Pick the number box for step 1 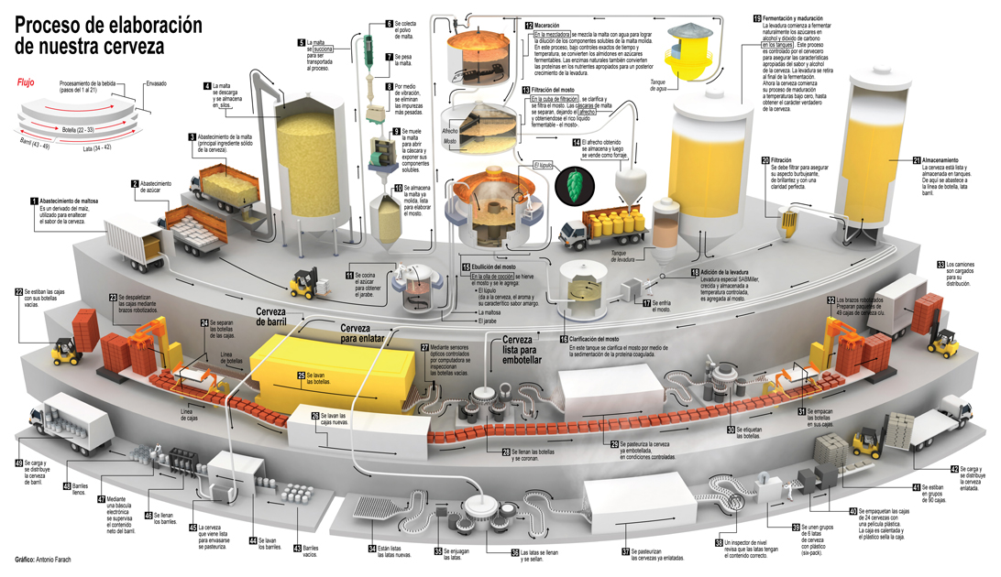34,200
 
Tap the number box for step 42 953,469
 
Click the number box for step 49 17,464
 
